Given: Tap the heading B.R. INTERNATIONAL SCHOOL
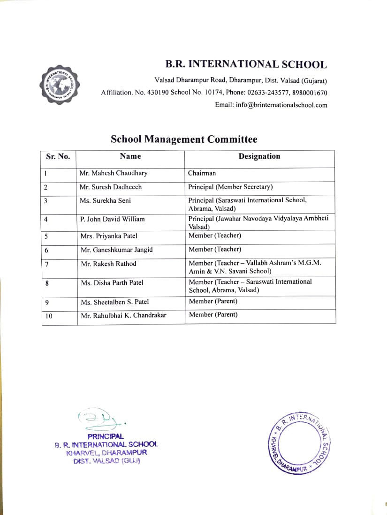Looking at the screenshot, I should [245, 65].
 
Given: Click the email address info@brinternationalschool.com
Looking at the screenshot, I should [271, 105].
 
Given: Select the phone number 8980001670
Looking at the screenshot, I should [310, 93].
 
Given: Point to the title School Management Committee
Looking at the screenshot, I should [184, 139].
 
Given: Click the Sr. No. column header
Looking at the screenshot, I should [58, 156].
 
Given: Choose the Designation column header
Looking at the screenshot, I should [259, 156].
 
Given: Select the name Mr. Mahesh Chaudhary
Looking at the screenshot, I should [114, 173].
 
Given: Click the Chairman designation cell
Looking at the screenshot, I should [202, 173].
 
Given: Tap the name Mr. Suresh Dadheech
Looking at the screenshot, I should [111, 187].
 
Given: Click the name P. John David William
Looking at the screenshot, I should [113, 219].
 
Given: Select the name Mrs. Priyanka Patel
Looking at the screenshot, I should [109, 236].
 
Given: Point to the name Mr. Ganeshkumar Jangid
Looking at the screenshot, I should [117, 250].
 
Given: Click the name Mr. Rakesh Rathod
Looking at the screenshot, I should [108, 264].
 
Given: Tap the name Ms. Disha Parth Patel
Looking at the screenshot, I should [112, 283].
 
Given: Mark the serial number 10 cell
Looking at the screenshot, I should [48, 316].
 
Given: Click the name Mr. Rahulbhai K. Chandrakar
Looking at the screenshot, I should [123, 316].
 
